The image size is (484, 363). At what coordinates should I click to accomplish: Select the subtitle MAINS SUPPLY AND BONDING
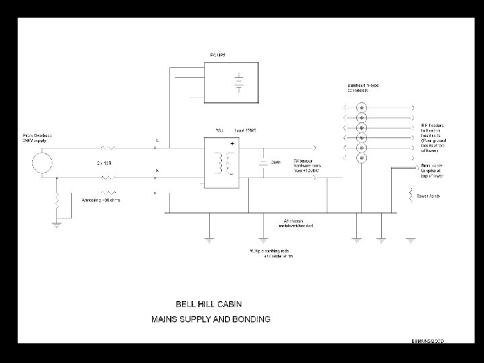[x=210, y=319]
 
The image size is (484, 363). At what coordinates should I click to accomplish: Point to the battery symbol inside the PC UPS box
[x=238, y=84]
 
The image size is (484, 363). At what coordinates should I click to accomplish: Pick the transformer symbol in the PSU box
[x=224, y=164]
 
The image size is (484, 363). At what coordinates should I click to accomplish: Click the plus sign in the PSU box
[x=233, y=144]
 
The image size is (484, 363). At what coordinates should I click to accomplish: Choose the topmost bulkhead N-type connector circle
[x=361, y=107]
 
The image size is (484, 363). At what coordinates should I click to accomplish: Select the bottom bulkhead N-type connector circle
[x=361, y=158]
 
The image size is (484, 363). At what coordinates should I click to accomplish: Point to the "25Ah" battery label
[x=275, y=163]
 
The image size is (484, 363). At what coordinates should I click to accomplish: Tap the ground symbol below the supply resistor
[x=57, y=225]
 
